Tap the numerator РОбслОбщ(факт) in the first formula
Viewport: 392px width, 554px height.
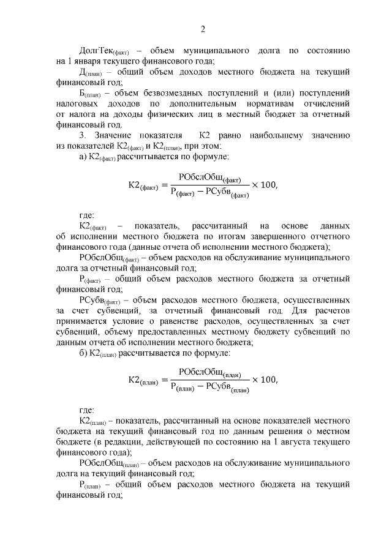(x=209, y=178)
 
